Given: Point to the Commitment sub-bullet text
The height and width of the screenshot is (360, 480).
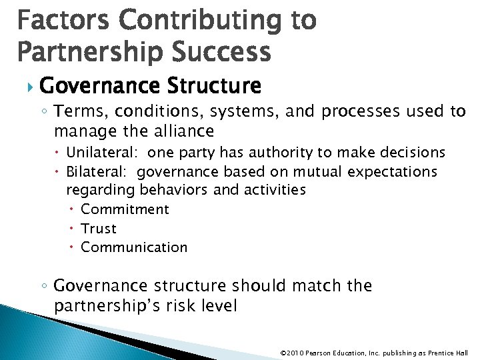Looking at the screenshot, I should pos(125,209).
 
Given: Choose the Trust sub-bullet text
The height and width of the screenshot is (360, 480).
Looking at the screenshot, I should pos(99,229).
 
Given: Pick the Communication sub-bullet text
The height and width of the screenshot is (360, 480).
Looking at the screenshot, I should pos(134,247).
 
